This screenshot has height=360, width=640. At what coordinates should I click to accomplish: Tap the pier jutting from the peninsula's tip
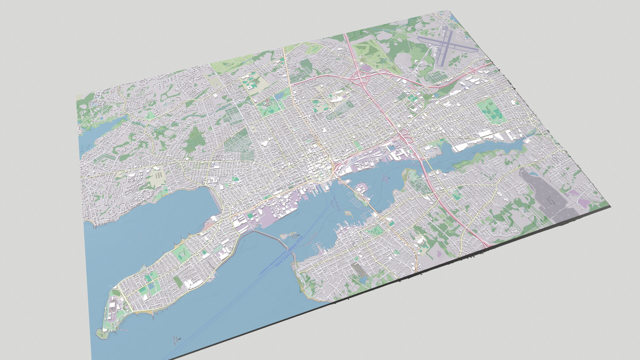point(123,330)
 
